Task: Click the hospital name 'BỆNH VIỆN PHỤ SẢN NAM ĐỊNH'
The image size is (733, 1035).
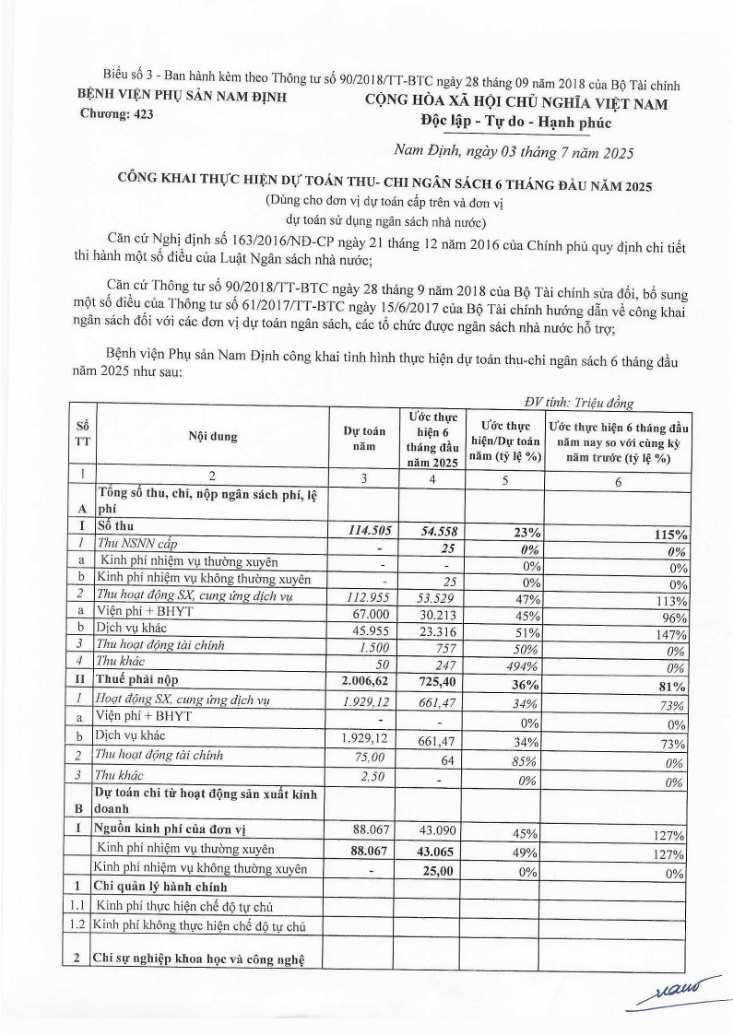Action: tap(181, 97)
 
